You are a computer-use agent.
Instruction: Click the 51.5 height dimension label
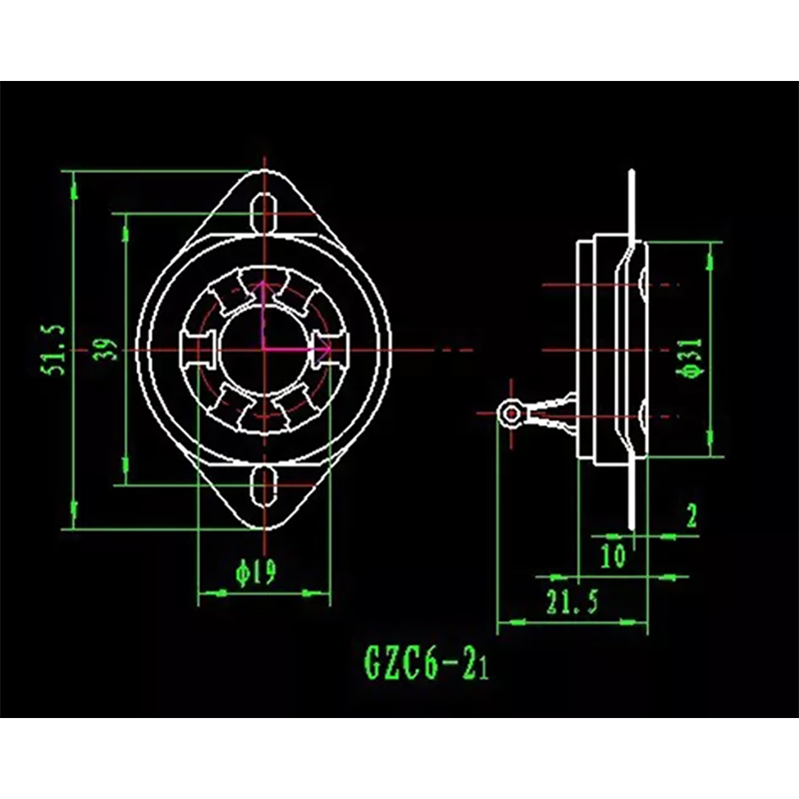tap(54, 351)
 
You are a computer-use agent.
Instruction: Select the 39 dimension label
tap(105, 351)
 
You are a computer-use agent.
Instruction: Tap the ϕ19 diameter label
tap(256, 571)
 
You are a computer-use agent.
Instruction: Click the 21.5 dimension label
tap(571, 602)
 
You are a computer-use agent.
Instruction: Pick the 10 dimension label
tap(612, 555)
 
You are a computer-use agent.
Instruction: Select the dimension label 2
tap(691, 515)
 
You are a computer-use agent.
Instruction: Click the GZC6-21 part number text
tap(426, 662)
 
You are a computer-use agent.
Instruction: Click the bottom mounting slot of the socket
tap(264, 485)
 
